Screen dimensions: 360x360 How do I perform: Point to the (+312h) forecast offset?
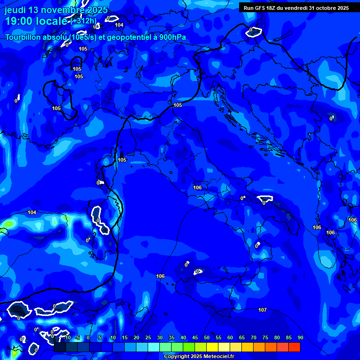click(x=84, y=21)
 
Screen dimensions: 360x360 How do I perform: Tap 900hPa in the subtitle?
click(x=172, y=37)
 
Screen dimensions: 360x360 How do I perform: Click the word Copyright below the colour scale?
click(x=178, y=357)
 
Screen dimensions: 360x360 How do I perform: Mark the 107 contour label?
click(x=262, y=310)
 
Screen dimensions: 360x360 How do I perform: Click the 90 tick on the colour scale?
click(x=300, y=338)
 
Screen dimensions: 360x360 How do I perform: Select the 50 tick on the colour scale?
click(x=206, y=338)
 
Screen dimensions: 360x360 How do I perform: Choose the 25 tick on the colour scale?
click(x=148, y=338)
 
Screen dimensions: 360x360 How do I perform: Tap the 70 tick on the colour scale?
click(x=253, y=338)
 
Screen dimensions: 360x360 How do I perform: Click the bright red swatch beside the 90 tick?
click(x=294, y=347)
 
